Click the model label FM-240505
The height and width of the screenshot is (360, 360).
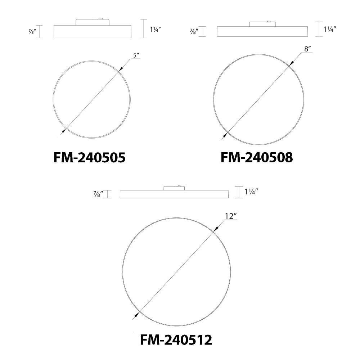pos(89,158)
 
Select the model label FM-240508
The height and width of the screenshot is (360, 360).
pos(257,158)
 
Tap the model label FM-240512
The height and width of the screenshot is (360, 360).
pos(176,340)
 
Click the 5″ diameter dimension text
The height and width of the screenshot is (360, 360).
pos(136,55)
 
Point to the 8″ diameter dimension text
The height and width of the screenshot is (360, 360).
pos(308,49)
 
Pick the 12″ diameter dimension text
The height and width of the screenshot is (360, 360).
pos(231,216)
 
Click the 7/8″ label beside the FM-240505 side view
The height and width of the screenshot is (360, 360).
pos(32,31)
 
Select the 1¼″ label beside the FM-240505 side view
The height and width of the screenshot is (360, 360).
pos(155,30)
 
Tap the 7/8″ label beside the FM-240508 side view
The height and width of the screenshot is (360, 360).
pos(194,31)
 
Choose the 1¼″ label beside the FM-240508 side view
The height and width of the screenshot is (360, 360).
pos(330,29)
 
